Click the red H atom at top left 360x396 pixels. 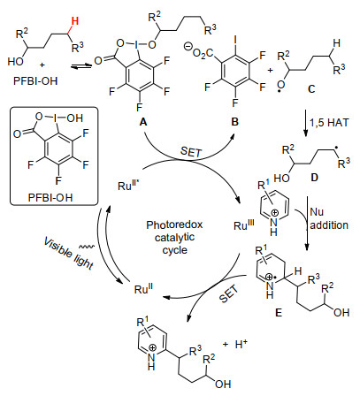pos(75,21)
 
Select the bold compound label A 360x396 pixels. pos(143,121)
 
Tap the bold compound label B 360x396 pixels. pos(234,121)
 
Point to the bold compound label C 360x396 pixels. pos(311,88)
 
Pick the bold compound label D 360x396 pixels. pos(315,178)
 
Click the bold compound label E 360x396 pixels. pos(279,312)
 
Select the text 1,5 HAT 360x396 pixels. pos(329,122)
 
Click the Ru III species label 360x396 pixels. pos(244,225)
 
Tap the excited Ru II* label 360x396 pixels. pos(128,185)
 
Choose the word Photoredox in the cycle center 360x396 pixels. pos(174,225)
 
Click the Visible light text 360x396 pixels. pos(68,254)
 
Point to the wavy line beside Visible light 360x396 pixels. pos(87,246)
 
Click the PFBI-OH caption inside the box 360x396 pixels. pos(50,197)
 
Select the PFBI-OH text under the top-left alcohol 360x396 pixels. pos(35,80)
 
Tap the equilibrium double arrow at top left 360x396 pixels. pos(81,67)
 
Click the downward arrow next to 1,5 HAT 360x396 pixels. pos(306,123)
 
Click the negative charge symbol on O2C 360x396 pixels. pos(188,46)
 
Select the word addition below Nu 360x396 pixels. pos(329,225)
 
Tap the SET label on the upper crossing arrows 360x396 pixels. pos(191,151)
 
